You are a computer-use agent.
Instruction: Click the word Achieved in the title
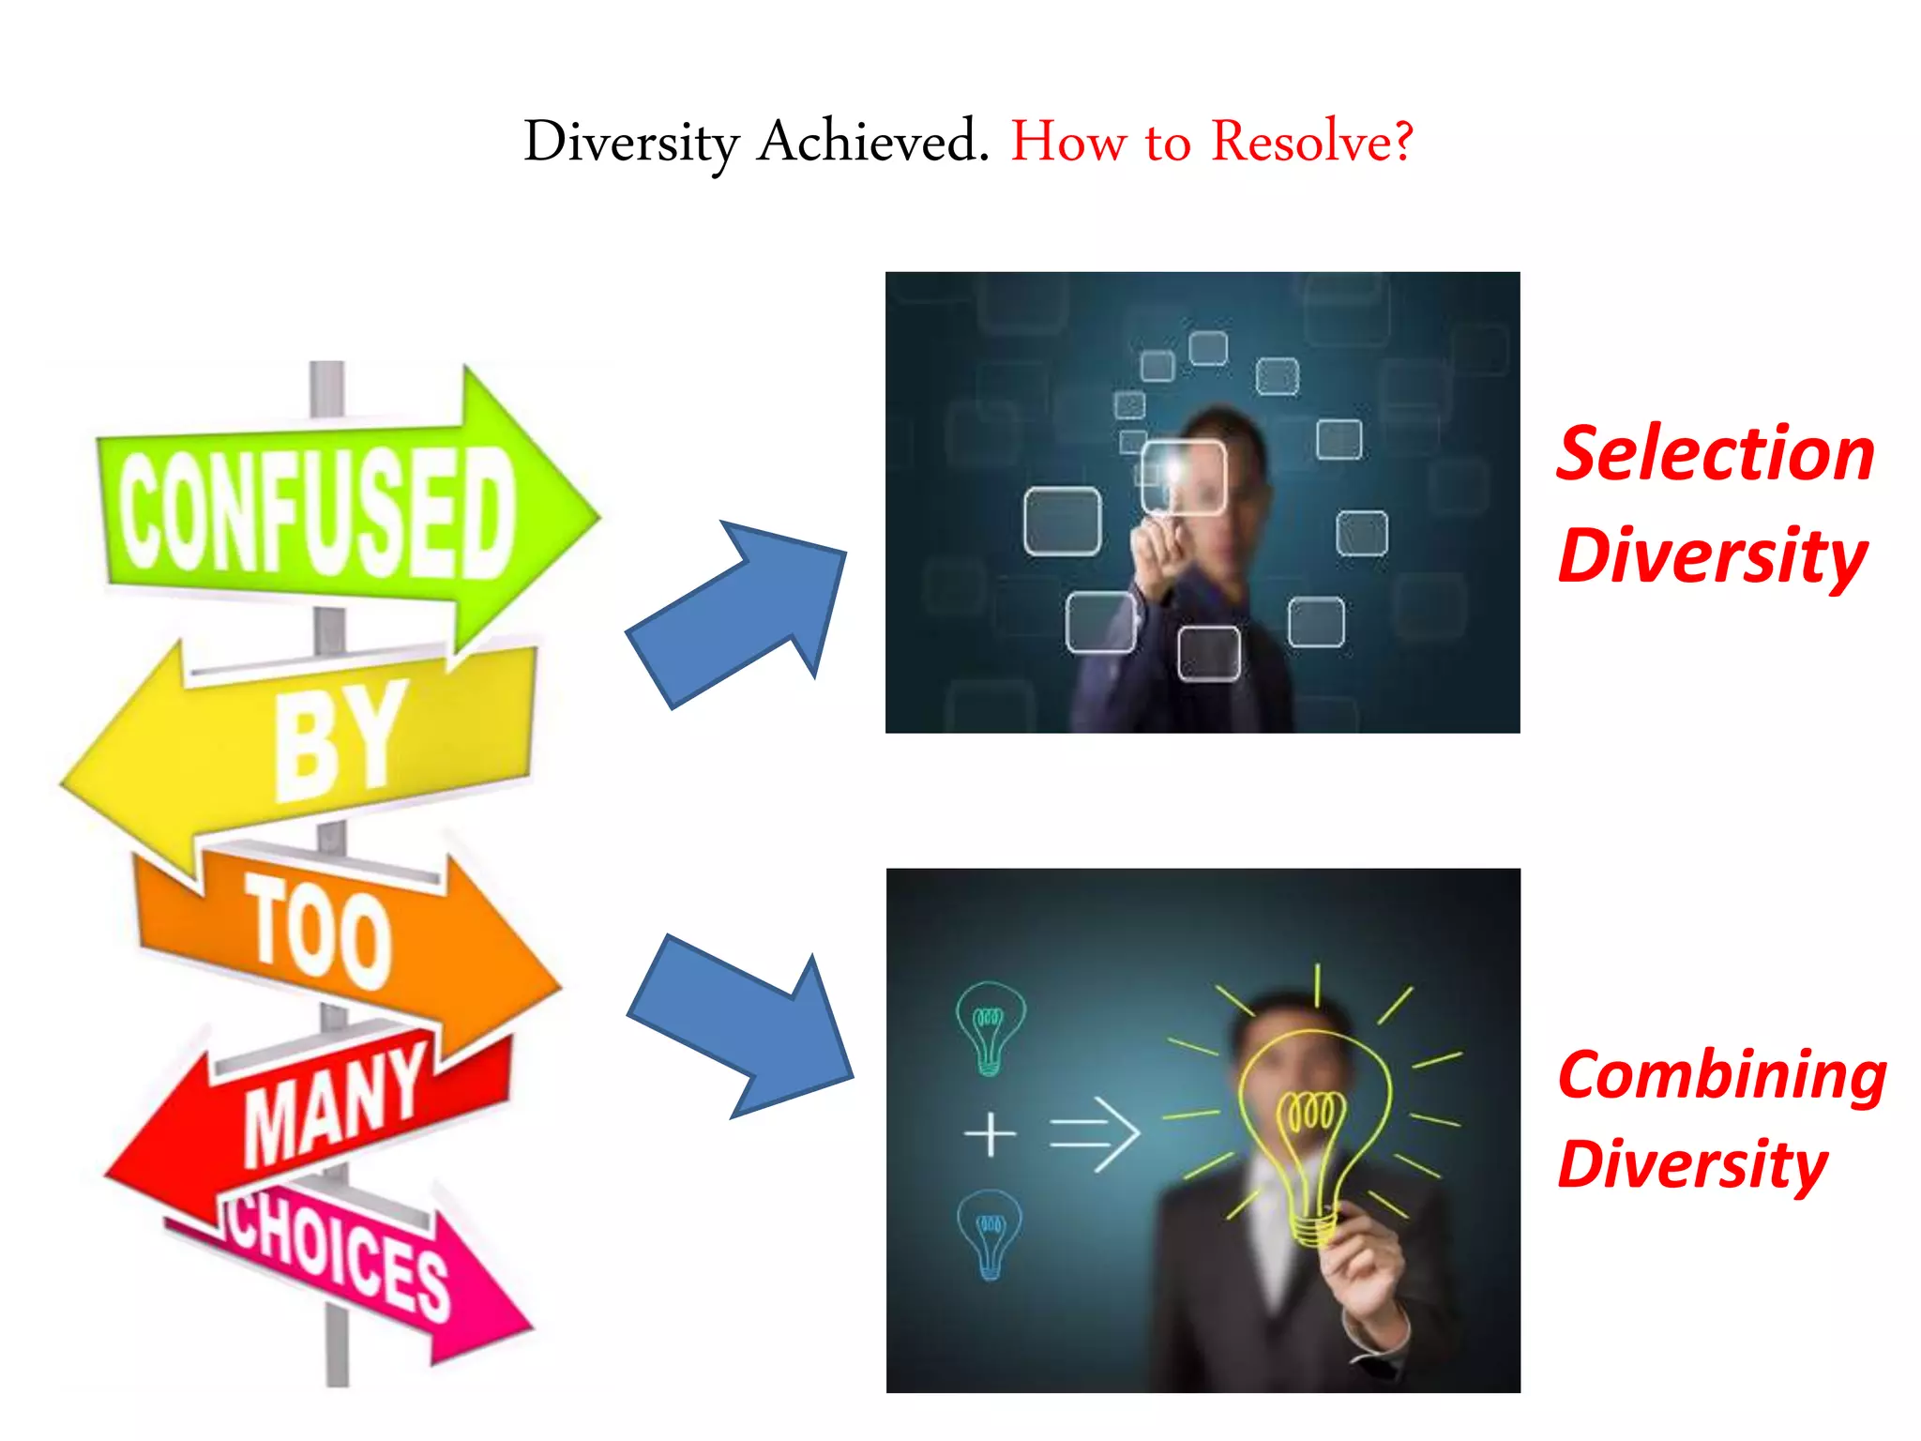pos(872,143)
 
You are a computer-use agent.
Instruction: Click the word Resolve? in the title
pos(1311,143)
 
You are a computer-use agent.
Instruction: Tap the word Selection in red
pos(1715,455)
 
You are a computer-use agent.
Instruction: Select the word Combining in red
pos(1721,1076)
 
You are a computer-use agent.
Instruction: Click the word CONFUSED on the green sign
pos(317,511)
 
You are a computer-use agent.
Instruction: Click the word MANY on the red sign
pos(333,1107)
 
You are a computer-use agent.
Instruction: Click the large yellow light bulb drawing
pos(1313,1126)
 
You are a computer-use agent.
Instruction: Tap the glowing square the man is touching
pos(1183,477)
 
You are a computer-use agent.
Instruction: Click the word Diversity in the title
pos(631,143)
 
